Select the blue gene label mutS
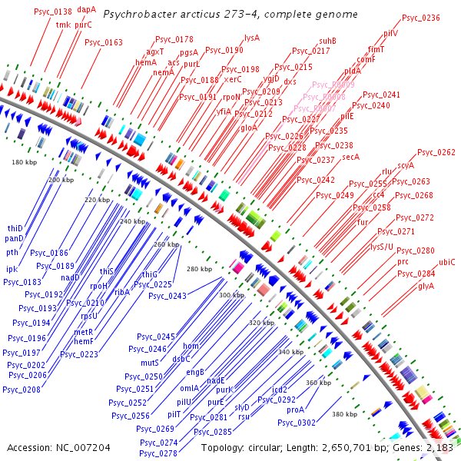[x=150, y=362]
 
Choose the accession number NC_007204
[x=80, y=446]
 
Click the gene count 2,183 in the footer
[x=436, y=446]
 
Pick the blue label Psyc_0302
[x=296, y=423]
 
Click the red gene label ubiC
[x=447, y=262]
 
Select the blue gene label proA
[x=296, y=410]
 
